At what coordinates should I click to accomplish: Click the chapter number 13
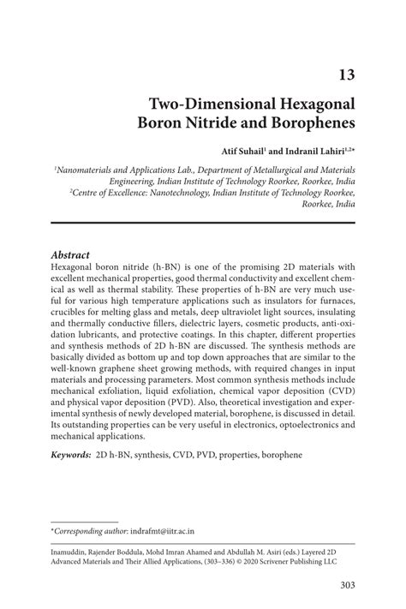coord(345,75)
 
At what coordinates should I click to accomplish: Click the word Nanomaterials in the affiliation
coord(91,171)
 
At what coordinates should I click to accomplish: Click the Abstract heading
coord(71,254)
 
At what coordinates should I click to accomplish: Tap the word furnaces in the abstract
coord(332,302)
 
